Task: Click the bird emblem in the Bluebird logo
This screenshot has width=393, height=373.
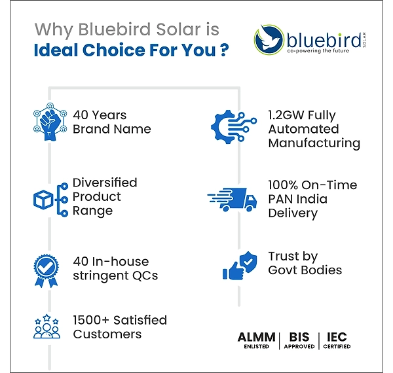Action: point(269,39)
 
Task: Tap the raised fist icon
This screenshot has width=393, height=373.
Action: point(50,122)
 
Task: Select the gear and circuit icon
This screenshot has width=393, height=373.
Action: point(234,127)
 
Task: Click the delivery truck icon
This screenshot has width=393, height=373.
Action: point(232,200)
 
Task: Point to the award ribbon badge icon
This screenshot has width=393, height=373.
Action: point(46,271)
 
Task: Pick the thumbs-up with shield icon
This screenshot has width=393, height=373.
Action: point(240,266)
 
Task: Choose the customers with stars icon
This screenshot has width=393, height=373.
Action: point(47,327)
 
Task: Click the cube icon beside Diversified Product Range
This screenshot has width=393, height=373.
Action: point(43,200)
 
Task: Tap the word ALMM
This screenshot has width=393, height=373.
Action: point(256,337)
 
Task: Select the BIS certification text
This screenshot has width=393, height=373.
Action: point(299,340)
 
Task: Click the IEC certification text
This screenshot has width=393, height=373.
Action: point(337,340)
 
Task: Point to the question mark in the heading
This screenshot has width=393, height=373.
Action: point(225,50)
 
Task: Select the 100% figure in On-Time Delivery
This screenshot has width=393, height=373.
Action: point(283,185)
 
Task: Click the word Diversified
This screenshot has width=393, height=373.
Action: point(105,183)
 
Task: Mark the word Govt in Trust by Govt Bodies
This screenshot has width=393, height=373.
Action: point(283,270)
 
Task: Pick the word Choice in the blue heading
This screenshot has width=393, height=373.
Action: point(114,50)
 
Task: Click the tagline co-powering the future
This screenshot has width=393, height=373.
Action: point(318,51)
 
